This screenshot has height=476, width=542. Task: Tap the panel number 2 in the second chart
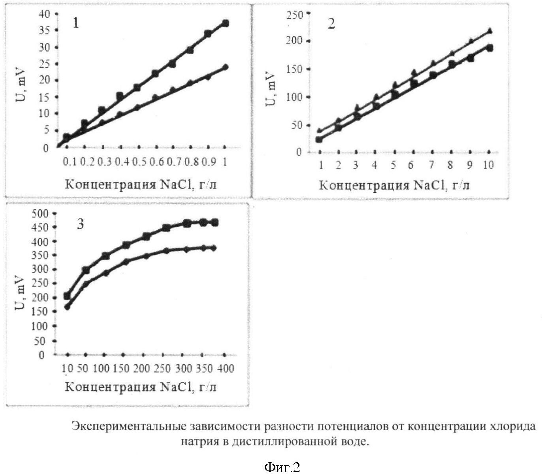tap(331, 24)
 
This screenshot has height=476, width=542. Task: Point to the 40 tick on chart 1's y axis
tap(46, 14)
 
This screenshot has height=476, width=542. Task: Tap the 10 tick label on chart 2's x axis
tap(488, 164)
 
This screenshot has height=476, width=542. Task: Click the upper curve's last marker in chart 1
tap(225, 23)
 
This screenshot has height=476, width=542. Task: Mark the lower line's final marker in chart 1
tap(225, 67)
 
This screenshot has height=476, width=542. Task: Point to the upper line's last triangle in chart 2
tap(490, 30)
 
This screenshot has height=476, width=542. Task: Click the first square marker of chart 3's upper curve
tap(67, 296)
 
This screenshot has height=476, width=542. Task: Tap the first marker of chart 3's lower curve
tap(67, 307)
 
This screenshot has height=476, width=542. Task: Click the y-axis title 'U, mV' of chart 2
tap(271, 89)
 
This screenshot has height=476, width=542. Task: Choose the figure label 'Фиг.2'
tap(282, 468)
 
